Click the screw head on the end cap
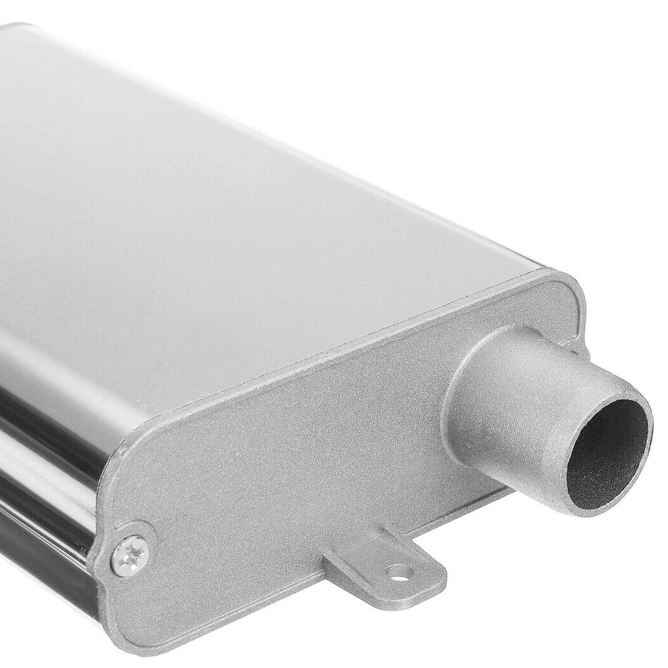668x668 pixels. pos(129,555)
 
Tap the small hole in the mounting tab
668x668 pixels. pos(399,573)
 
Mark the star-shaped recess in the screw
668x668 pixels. pos(129,555)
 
